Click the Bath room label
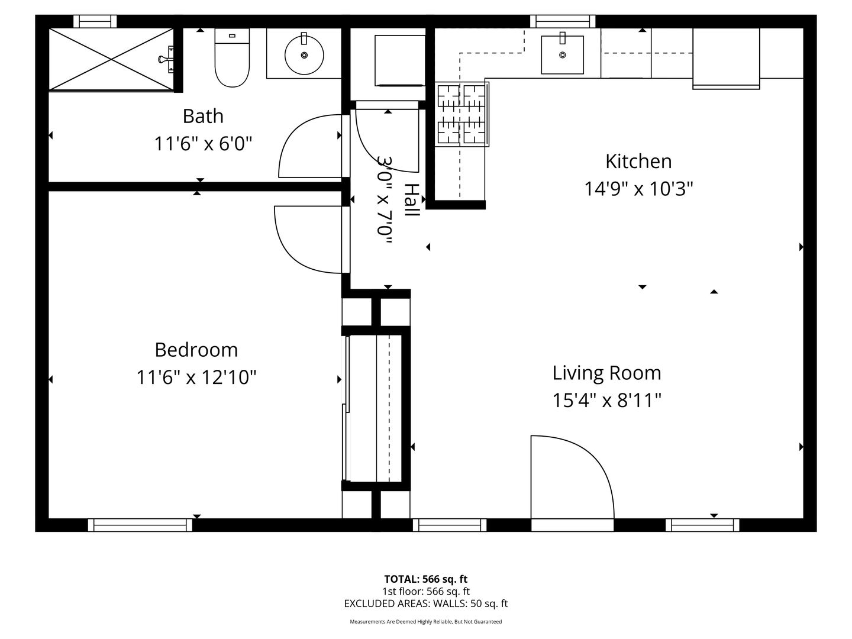point(203,116)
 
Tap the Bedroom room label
point(196,350)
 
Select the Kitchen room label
point(638,161)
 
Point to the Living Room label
point(606,373)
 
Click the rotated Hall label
point(412,200)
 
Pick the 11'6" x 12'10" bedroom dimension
point(196,377)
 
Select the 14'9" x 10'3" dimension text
point(638,189)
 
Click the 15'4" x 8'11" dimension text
point(606,401)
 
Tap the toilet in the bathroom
point(232,57)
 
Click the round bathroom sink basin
point(304,54)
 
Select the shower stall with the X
point(111,59)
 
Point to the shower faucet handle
point(166,59)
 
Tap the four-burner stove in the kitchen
point(462,114)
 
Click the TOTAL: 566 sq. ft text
point(426,579)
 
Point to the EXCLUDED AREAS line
point(426,603)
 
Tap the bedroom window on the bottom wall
point(140,525)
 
